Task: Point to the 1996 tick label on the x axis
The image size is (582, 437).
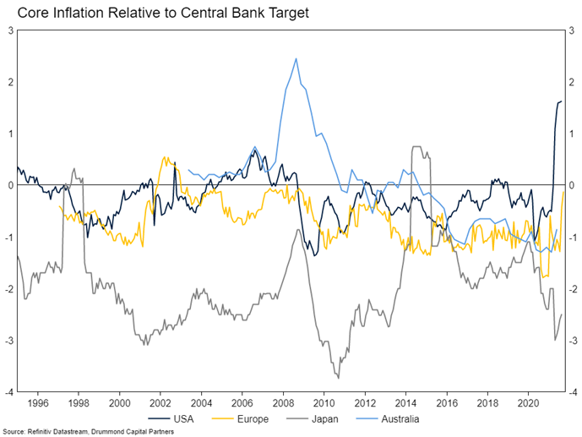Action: point(38,402)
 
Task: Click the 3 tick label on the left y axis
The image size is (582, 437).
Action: point(10,30)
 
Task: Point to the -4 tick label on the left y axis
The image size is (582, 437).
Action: point(8,392)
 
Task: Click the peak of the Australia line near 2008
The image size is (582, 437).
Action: point(296,58)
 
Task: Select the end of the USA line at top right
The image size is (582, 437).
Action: point(560,101)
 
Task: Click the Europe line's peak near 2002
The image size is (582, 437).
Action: point(164,156)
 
